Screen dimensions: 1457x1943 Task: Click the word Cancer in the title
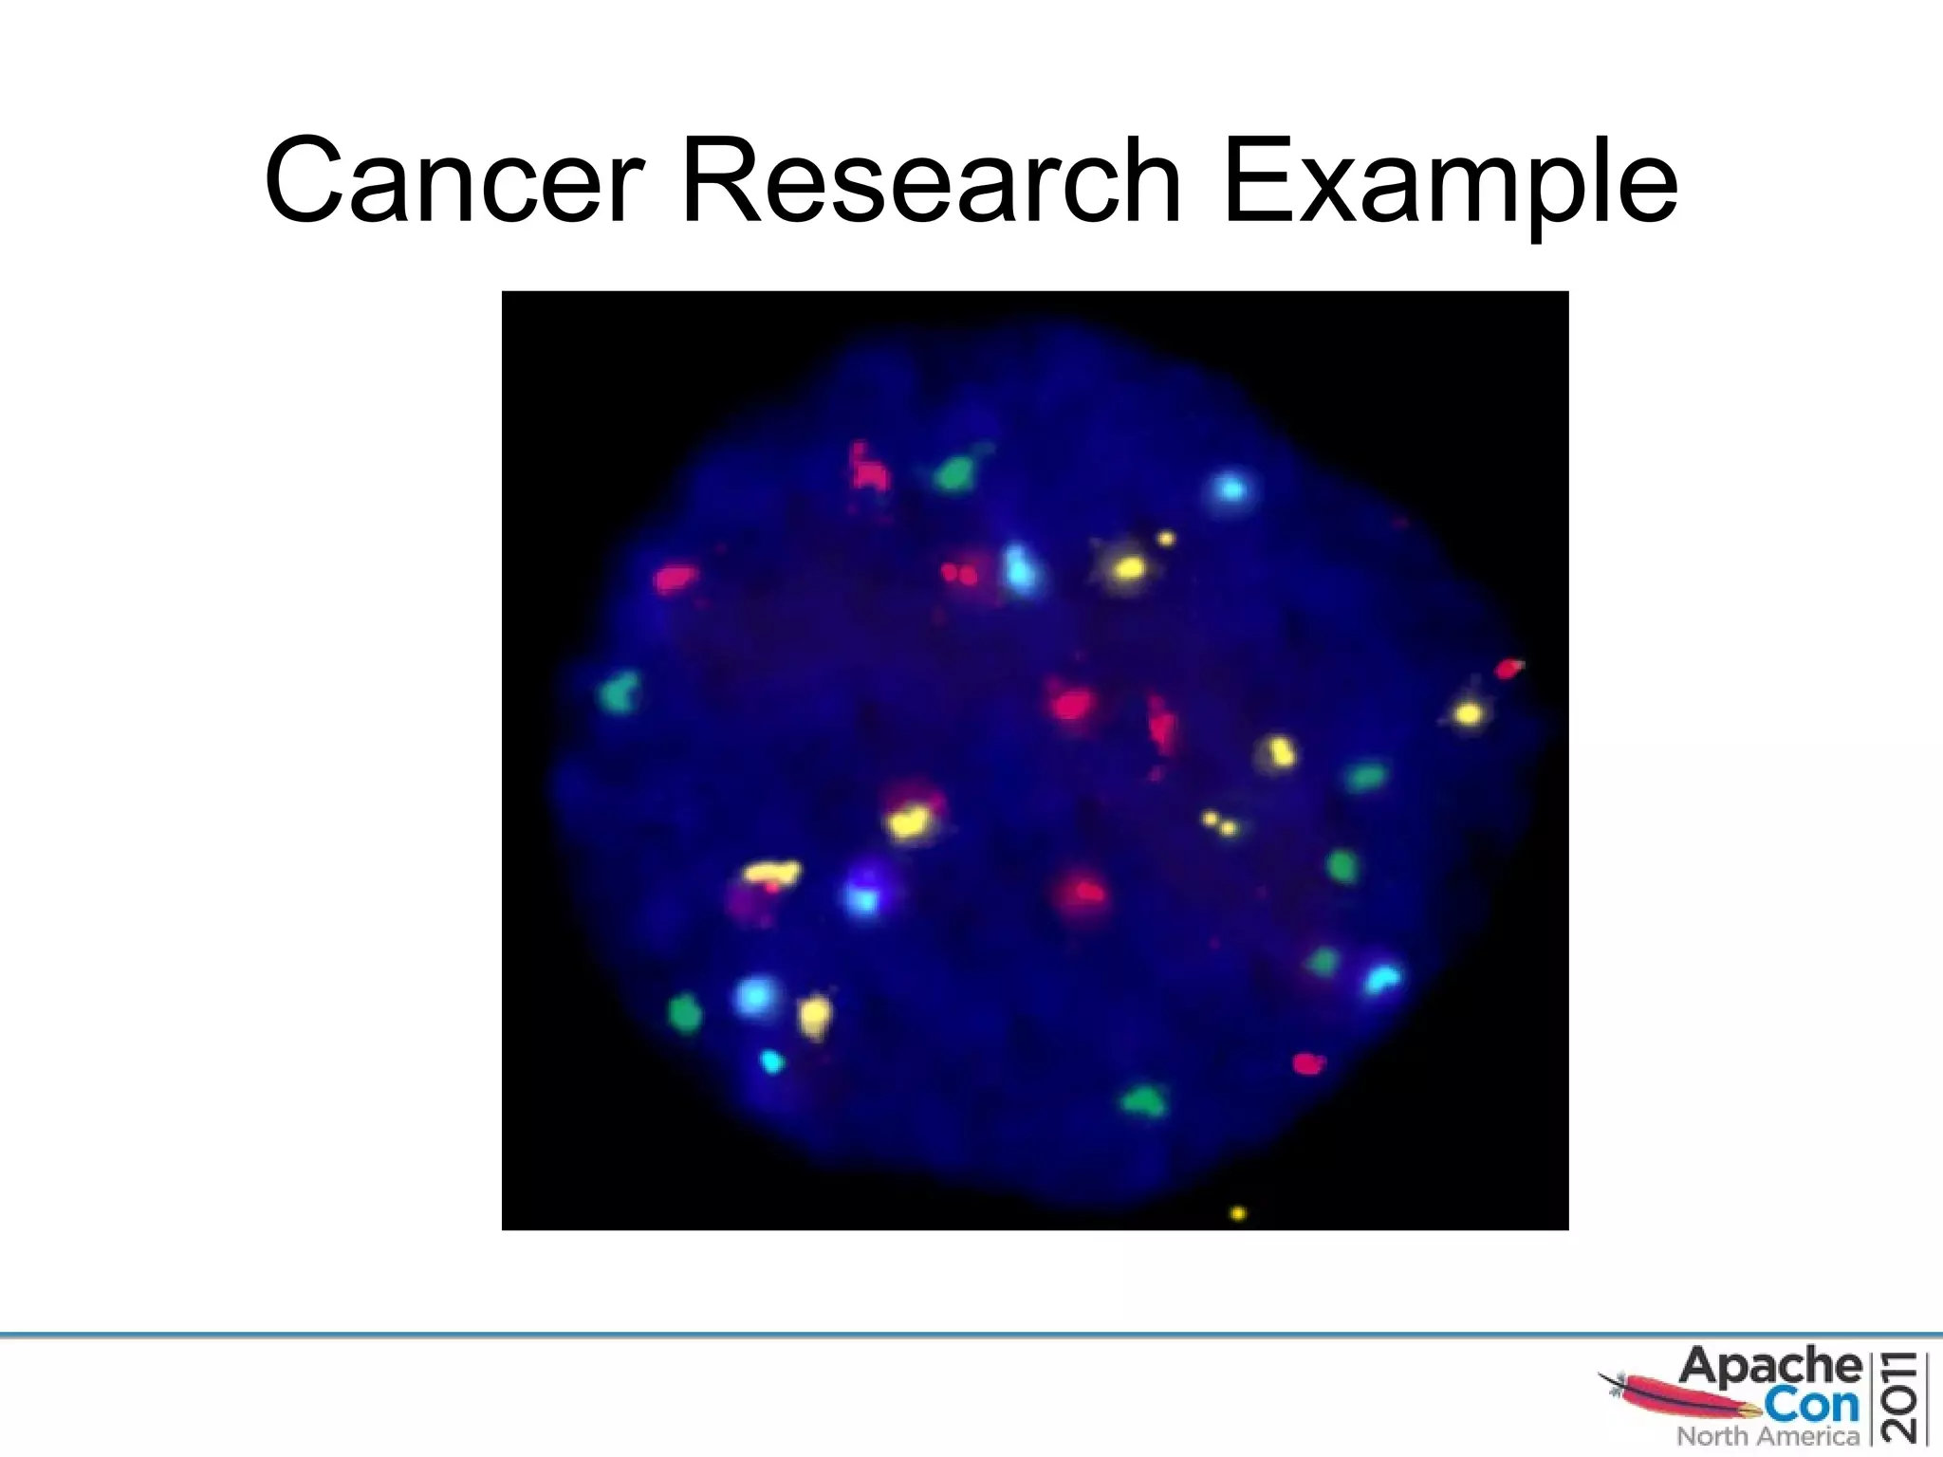(x=455, y=182)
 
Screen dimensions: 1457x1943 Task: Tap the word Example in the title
(x=1450, y=182)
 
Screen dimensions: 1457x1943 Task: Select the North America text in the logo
(x=1767, y=1436)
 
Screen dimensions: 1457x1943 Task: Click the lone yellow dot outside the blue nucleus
(x=1237, y=1213)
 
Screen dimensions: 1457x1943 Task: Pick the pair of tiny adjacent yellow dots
(x=1219, y=823)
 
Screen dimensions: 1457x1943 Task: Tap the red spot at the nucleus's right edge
(x=1508, y=669)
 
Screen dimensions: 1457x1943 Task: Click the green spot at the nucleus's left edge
(x=620, y=692)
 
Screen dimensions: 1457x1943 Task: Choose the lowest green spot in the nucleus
(x=1142, y=1100)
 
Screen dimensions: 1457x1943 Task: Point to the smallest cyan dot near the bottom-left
(x=772, y=1061)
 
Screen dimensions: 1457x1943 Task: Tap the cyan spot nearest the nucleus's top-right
(x=1231, y=489)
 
